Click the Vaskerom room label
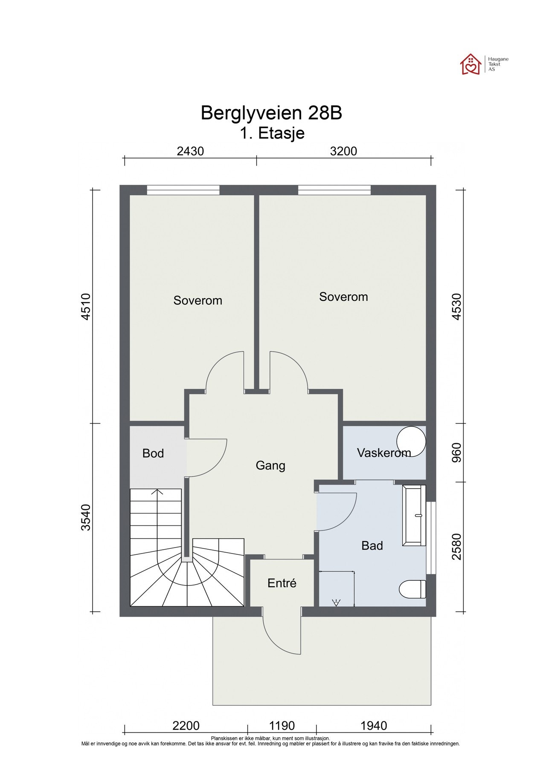click(x=383, y=453)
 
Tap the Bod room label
click(x=153, y=453)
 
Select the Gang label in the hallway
click(x=270, y=465)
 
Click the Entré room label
click(x=282, y=583)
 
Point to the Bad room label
click(x=372, y=545)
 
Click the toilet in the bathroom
click(x=412, y=591)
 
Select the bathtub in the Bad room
click(x=414, y=515)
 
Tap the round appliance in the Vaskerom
click(x=411, y=441)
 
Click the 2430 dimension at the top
click(x=190, y=151)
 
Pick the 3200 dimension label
click(x=343, y=151)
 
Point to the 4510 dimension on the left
click(x=86, y=306)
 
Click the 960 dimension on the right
click(x=456, y=453)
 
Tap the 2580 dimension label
click(x=456, y=547)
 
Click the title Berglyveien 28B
click(x=271, y=113)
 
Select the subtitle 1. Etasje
click(x=271, y=133)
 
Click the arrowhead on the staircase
click(x=158, y=493)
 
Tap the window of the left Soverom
click(x=183, y=190)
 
